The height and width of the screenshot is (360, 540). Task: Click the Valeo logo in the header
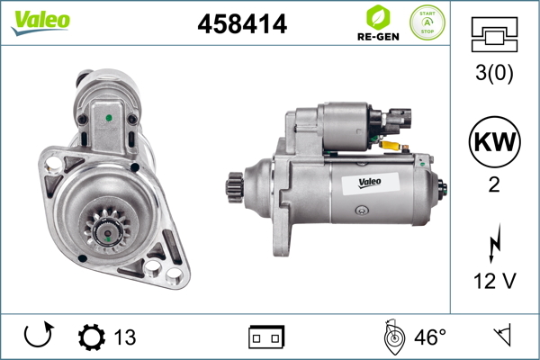point(40,22)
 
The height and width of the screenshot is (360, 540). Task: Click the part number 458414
point(242,23)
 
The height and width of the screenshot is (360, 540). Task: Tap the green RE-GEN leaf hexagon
point(378,16)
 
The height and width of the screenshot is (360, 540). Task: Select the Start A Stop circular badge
point(427,22)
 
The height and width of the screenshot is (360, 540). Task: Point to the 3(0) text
point(494,73)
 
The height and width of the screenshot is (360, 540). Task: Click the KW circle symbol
point(494,141)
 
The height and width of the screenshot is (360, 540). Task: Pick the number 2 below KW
point(494,184)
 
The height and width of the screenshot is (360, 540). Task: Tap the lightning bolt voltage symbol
point(495,243)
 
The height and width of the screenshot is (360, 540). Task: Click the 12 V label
point(495,281)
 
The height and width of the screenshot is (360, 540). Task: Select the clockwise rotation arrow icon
point(38,335)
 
